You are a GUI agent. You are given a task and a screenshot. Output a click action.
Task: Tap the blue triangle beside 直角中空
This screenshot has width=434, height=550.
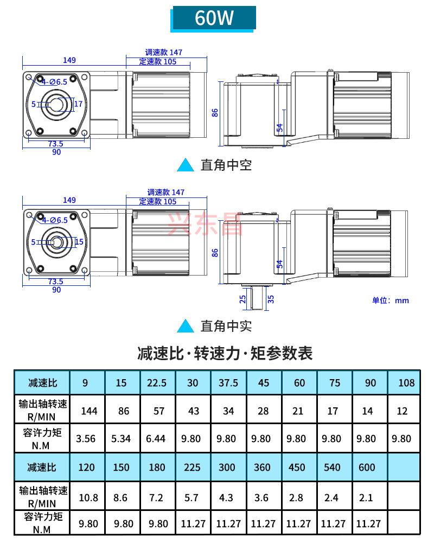(186, 165)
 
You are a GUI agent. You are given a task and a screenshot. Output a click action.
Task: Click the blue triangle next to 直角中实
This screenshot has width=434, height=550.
(186, 326)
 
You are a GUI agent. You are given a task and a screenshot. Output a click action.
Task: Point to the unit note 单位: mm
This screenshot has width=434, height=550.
(390, 300)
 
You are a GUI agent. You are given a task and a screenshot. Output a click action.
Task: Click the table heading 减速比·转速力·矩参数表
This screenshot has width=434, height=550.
(225, 354)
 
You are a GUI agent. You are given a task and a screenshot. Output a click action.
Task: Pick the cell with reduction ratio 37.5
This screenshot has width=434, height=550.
(228, 383)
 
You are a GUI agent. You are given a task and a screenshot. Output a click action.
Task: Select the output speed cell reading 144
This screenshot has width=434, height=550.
(89, 411)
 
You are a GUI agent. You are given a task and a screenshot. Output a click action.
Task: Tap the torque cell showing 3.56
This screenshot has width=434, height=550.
(86, 439)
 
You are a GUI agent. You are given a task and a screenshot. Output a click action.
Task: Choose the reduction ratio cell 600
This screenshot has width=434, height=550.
(367, 468)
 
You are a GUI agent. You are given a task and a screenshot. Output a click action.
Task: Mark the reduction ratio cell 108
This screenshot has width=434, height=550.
(406, 383)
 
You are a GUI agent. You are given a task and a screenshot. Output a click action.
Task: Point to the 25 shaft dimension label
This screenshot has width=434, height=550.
(243, 298)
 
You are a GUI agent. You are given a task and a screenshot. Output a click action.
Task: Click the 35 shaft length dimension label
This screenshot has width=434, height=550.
(271, 298)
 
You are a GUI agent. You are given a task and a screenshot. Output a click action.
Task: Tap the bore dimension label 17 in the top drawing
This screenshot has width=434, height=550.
(79, 104)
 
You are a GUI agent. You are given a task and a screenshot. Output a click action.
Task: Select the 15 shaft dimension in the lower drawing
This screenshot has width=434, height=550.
(79, 242)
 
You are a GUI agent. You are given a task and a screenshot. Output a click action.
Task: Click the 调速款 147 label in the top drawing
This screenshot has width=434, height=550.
(164, 53)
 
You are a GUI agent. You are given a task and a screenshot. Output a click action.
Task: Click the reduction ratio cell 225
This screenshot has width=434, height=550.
(192, 468)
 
